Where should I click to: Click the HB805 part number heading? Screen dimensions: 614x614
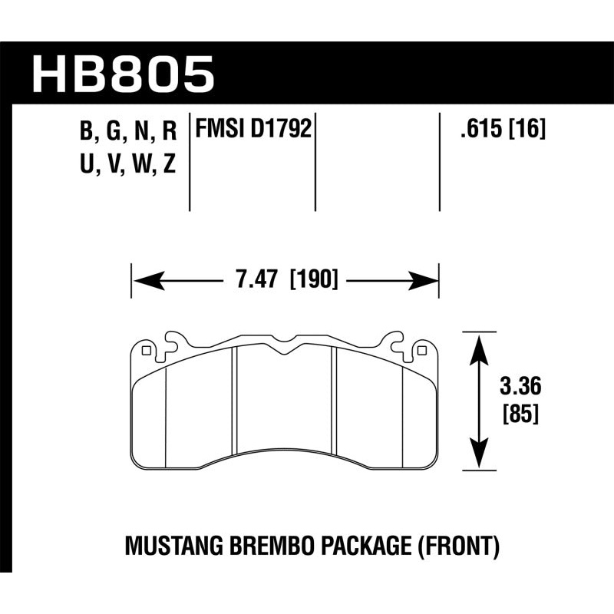123,73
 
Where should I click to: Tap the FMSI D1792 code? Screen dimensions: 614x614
254,128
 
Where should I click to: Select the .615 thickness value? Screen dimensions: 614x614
475,129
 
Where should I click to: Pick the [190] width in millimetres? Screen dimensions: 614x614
313,281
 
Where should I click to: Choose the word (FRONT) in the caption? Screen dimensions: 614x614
460,547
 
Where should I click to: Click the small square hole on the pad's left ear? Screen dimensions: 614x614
146,351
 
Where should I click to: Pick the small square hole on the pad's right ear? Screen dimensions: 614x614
421,351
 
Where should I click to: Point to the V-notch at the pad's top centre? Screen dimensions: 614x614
284,352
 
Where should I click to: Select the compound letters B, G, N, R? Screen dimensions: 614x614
128,133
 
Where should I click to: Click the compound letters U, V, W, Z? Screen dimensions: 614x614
128,166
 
